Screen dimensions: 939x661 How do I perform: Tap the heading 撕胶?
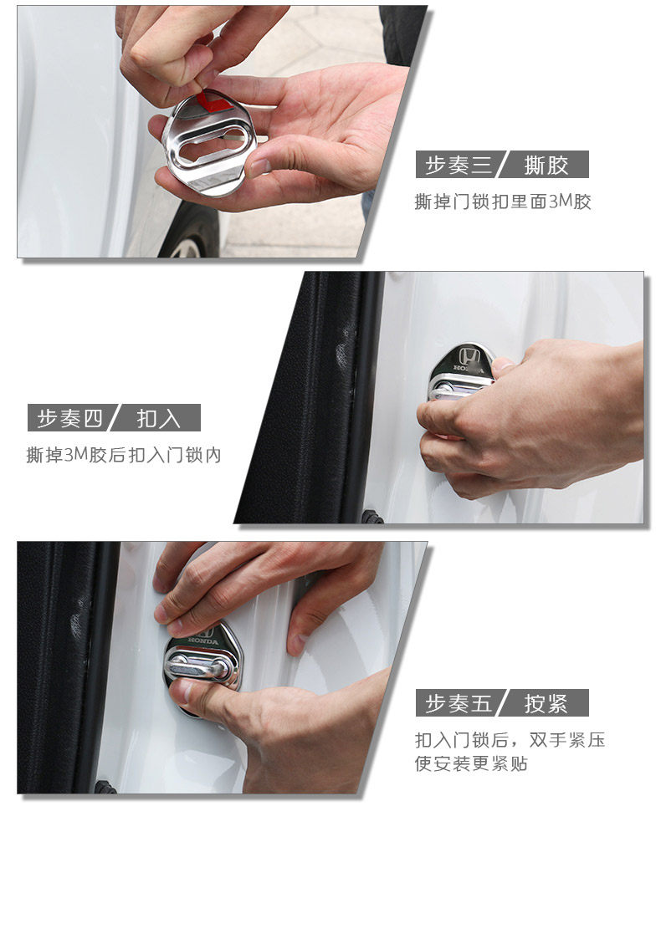[x=546, y=165]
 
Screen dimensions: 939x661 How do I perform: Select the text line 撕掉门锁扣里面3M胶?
[x=503, y=202]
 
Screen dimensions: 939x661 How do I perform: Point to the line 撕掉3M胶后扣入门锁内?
[x=124, y=456]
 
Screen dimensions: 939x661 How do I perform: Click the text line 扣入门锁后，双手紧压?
[x=510, y=740]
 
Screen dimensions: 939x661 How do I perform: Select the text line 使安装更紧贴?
[x=471, y=763]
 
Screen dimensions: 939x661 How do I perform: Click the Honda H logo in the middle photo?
[x=470, y=357]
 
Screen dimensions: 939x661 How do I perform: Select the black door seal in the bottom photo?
[x=67, y=669]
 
